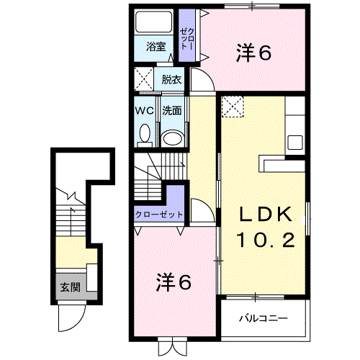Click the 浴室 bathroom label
click(x=156, y=47)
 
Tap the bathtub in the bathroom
click(x=154, y=22)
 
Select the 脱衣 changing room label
click(x=171, y=79)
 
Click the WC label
click(x=145, y=111)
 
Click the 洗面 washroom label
click(x=171, y=111)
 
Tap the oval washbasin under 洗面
click(x=172, y=138)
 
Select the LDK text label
click(x=266, y=214)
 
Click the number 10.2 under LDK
click(x=266, y=240)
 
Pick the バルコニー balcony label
click(x=264, y=318)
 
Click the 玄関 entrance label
click(x=70, y=287)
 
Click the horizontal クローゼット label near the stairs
click(x=159, y=215)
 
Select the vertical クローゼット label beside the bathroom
click(x=187, y=39)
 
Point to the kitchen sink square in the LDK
click(x=295, y=143)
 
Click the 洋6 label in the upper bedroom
click(x=254, y=53)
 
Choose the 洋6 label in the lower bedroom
click(x=174, y=282)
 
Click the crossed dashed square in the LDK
click(x=233, y=107)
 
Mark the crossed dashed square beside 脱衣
click(x=143, y=79)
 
